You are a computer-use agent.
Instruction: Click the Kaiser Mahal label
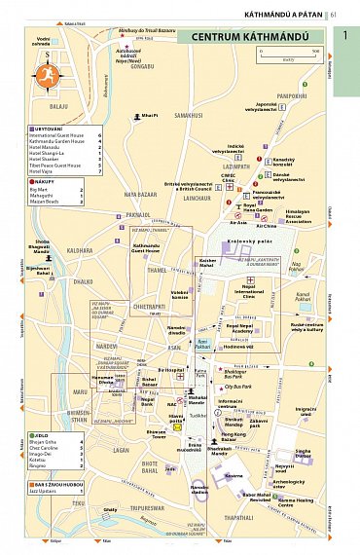coord(208,264)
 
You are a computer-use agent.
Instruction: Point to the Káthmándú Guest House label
coord(144,247)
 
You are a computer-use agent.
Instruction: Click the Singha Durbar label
coord(304,452)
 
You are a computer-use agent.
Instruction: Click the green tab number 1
coord(348,37)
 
